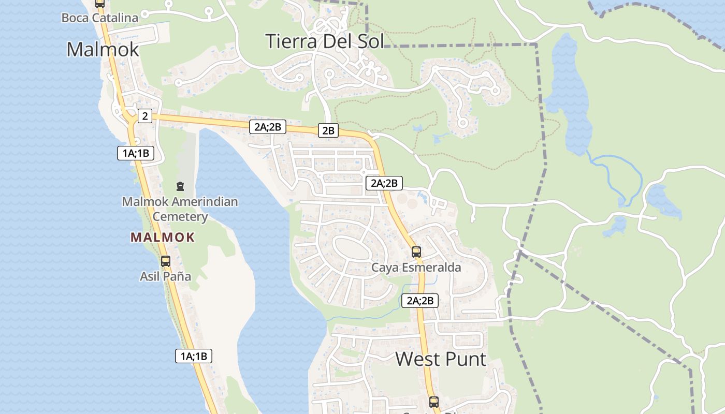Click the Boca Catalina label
click(x=100, y=18)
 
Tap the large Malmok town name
click(x=103, y=49)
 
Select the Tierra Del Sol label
click(x=325, y=41)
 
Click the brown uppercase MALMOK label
click(x=163, y=238)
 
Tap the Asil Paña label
click(x=165, y=276)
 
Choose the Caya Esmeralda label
click(x=416, y=268)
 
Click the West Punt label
click(x=441, y=359)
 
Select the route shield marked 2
click(x=144, y=116)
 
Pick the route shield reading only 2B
click(x=328, y=130)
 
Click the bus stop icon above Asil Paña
click(x=166, y=261)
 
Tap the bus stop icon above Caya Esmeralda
click(x=416, y=252)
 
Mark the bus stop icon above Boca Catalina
click(x=100, y=4)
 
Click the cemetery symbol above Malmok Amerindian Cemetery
click(x=180, y=186)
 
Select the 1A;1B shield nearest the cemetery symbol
click(x=136, y=153)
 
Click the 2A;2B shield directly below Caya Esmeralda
click(x=419, y=300)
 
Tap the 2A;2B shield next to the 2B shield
click(x=268, y=126)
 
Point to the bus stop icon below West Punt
click(x=434, y=402)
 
